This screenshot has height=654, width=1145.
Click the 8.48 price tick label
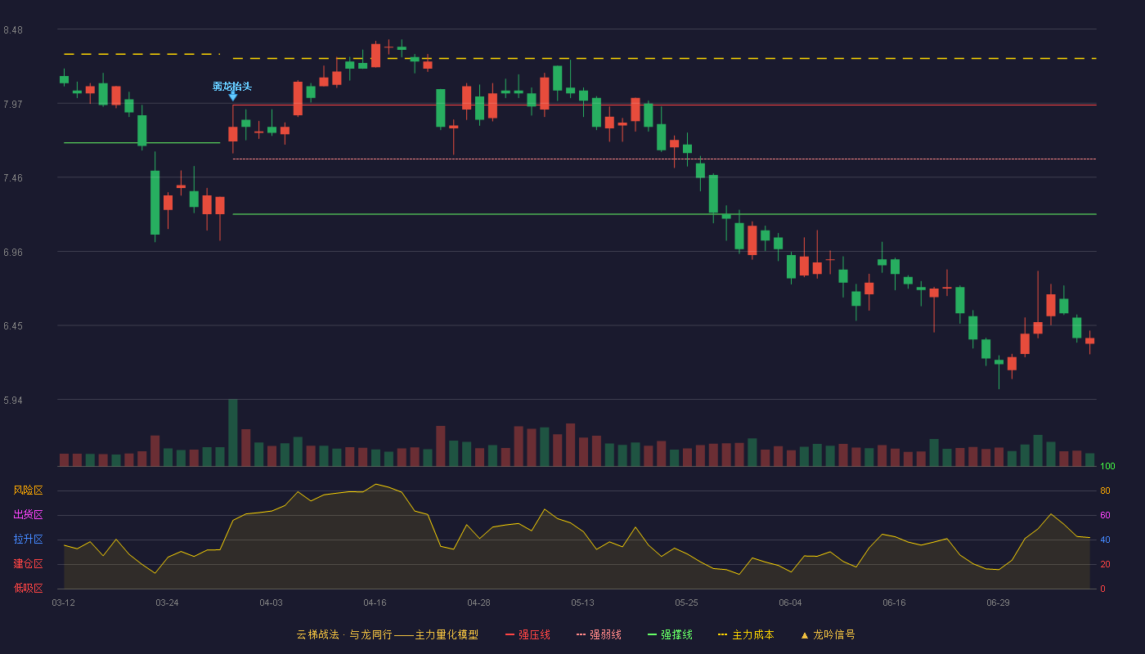[x=13, y=30]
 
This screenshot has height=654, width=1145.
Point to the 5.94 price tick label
[x=13, y=400]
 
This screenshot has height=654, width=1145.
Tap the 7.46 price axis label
[x=13, y=178]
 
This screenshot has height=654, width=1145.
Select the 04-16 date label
[x=375, y=603]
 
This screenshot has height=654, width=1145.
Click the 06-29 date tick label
[x=998, y=603]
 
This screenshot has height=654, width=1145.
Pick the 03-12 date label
[x=64, y=603]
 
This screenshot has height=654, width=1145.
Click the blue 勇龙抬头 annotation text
[x=232, y=87]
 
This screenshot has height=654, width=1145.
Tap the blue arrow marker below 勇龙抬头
[x=232, y=96]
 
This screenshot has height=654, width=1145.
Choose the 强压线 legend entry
[x=528, y=634]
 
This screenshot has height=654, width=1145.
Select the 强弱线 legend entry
[x=599, y=634]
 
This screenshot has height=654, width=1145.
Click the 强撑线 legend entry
[x=670, y=634]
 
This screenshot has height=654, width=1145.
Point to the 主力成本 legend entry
[x=746, y=634]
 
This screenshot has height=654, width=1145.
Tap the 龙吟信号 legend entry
[x=828, y=634]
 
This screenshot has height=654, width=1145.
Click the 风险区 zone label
[x=28, y=490]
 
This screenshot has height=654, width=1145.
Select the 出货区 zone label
[x=28, y=514]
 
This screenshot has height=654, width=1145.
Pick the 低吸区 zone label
[x=28, y=588]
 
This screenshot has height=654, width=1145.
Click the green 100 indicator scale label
[x=1107, y=466]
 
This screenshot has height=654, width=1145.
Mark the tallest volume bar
[x=232, y=432]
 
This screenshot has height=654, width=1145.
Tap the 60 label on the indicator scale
[x=1105, y=515]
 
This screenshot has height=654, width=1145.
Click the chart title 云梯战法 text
[x=317, y=634]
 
